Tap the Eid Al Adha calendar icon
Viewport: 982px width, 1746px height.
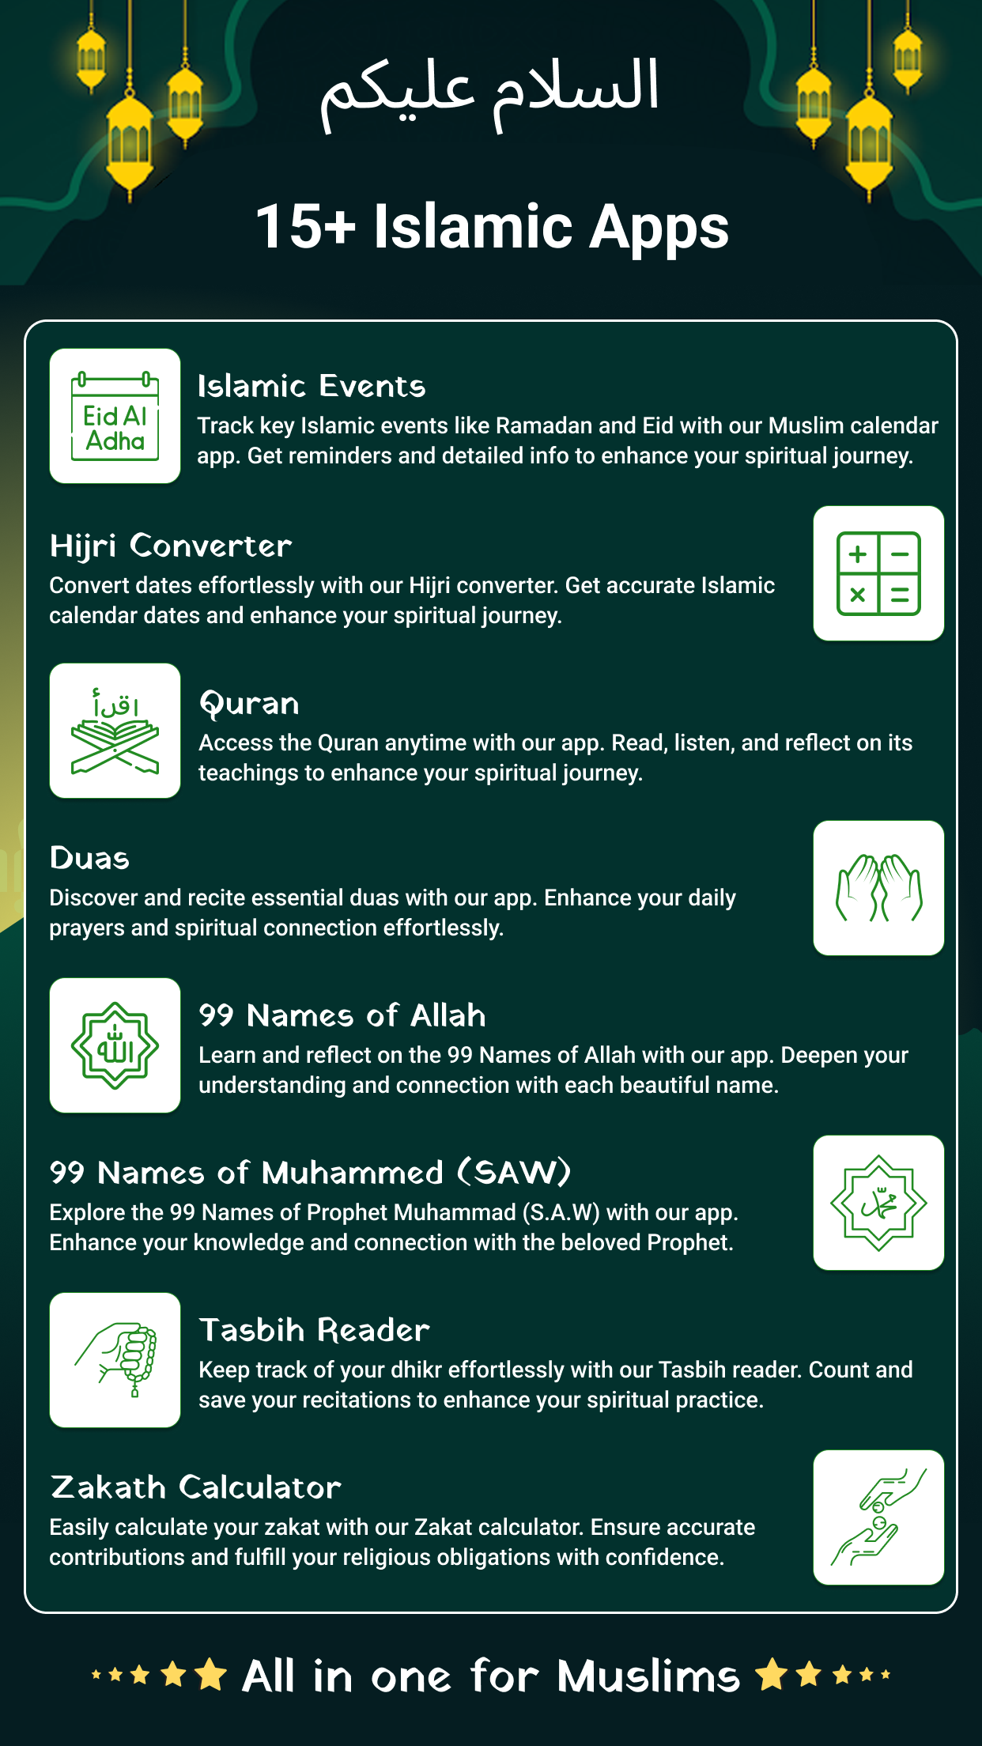coord(115,416)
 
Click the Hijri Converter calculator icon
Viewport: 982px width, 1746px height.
coord(878,573)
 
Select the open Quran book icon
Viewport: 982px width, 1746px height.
coord(115,731)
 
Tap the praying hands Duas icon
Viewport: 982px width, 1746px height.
coord(878,888)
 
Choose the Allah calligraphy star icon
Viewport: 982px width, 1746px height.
coord(115,1045)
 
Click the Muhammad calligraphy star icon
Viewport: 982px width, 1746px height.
coord(878,1203)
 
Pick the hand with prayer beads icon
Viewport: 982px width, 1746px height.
coord(115,1360)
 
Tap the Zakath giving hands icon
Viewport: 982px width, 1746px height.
coord(878,1517)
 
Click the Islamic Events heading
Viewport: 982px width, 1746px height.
coord(312,387)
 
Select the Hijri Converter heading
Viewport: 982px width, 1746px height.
coord(171,546)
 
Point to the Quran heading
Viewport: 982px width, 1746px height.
coord(249,704)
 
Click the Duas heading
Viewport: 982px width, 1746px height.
coord(89,859)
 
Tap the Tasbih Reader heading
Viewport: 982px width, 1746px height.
coord(314,1331)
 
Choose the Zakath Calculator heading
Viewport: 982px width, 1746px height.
coord(195,1488)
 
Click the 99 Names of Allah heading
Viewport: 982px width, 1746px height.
coord(342,1016)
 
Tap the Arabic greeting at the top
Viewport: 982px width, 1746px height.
coord(489,91)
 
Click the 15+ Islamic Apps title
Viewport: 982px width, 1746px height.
coord(492,227)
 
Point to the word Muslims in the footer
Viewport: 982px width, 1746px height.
coord(648,1676)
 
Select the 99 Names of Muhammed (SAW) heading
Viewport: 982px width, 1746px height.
coord(310,1173)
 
